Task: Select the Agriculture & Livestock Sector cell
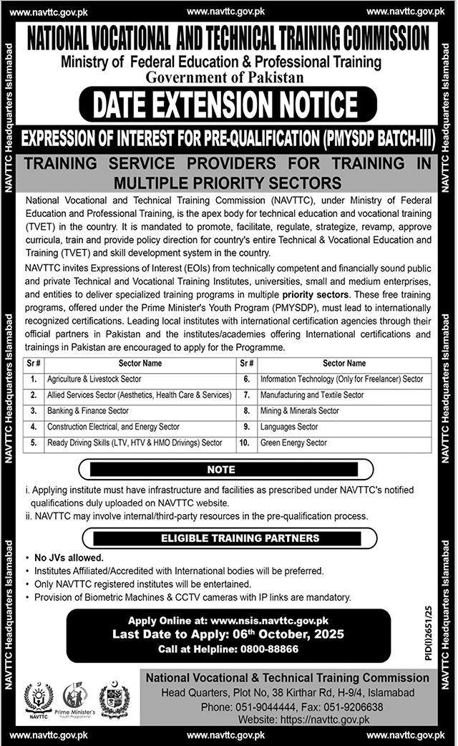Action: click(94, 379)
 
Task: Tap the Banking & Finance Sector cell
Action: click(88, 411)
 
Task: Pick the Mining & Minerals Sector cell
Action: click(300, 411)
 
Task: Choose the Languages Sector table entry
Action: click(289, 427)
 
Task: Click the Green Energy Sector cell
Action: click(293, 443)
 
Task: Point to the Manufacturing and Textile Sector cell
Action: click(312, 395)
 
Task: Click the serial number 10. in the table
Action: click(245, 443)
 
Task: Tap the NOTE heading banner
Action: click(221, 470)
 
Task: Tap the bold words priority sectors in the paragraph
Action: click(316, 294)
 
